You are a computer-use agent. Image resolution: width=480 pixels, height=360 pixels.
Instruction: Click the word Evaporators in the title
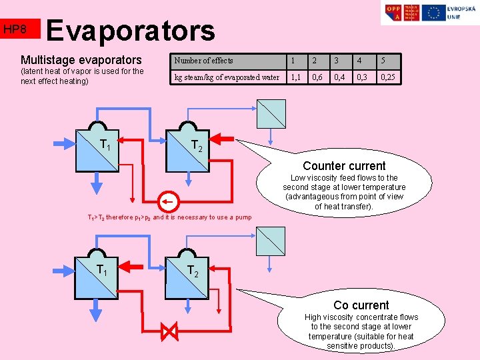131,31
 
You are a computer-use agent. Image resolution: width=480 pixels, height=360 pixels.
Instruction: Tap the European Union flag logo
435,13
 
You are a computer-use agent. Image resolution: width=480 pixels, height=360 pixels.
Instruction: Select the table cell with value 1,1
295,77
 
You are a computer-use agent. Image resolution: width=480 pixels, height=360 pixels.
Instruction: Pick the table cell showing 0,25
387,77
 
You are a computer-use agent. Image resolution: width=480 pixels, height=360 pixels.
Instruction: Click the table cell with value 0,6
319,77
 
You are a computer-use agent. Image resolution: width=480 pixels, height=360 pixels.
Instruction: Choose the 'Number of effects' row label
204,61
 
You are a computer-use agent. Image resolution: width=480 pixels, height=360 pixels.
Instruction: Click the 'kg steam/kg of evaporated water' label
227,77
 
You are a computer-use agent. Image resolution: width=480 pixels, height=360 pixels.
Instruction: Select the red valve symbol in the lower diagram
169,330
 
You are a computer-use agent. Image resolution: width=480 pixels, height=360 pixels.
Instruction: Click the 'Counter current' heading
344,165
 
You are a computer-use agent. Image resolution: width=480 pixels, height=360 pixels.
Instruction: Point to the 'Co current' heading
361,305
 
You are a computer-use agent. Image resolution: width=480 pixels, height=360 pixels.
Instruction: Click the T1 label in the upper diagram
105,143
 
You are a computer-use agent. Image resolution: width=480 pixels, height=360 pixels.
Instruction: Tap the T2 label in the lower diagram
193,271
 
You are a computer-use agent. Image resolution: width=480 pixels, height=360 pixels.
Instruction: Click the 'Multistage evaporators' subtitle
81,60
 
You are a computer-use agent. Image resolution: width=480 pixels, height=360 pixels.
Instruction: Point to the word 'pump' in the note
243,217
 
